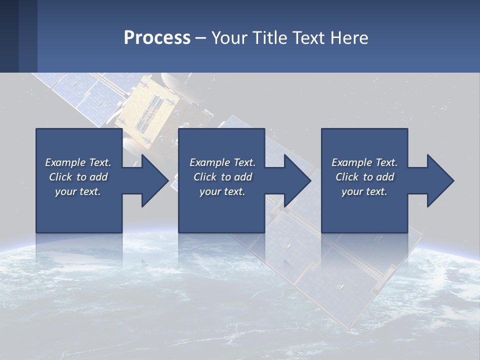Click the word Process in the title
(x=157, y=38)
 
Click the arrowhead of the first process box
(x=154, y=180)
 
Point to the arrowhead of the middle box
(x=297, y=180)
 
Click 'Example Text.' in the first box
(x=78, y=162)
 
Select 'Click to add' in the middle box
(x=222, y=177)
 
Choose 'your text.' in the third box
(x=364, y=191)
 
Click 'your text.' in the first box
(x=78, y=191)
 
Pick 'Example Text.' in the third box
(x=364, y=162)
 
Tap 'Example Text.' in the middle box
(x=222, y=162)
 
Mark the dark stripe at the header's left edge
(x=9, y=36)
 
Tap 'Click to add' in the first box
(x=78, y=177)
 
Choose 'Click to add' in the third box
(x=364, y=177)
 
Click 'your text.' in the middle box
(x=222, y=191)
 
